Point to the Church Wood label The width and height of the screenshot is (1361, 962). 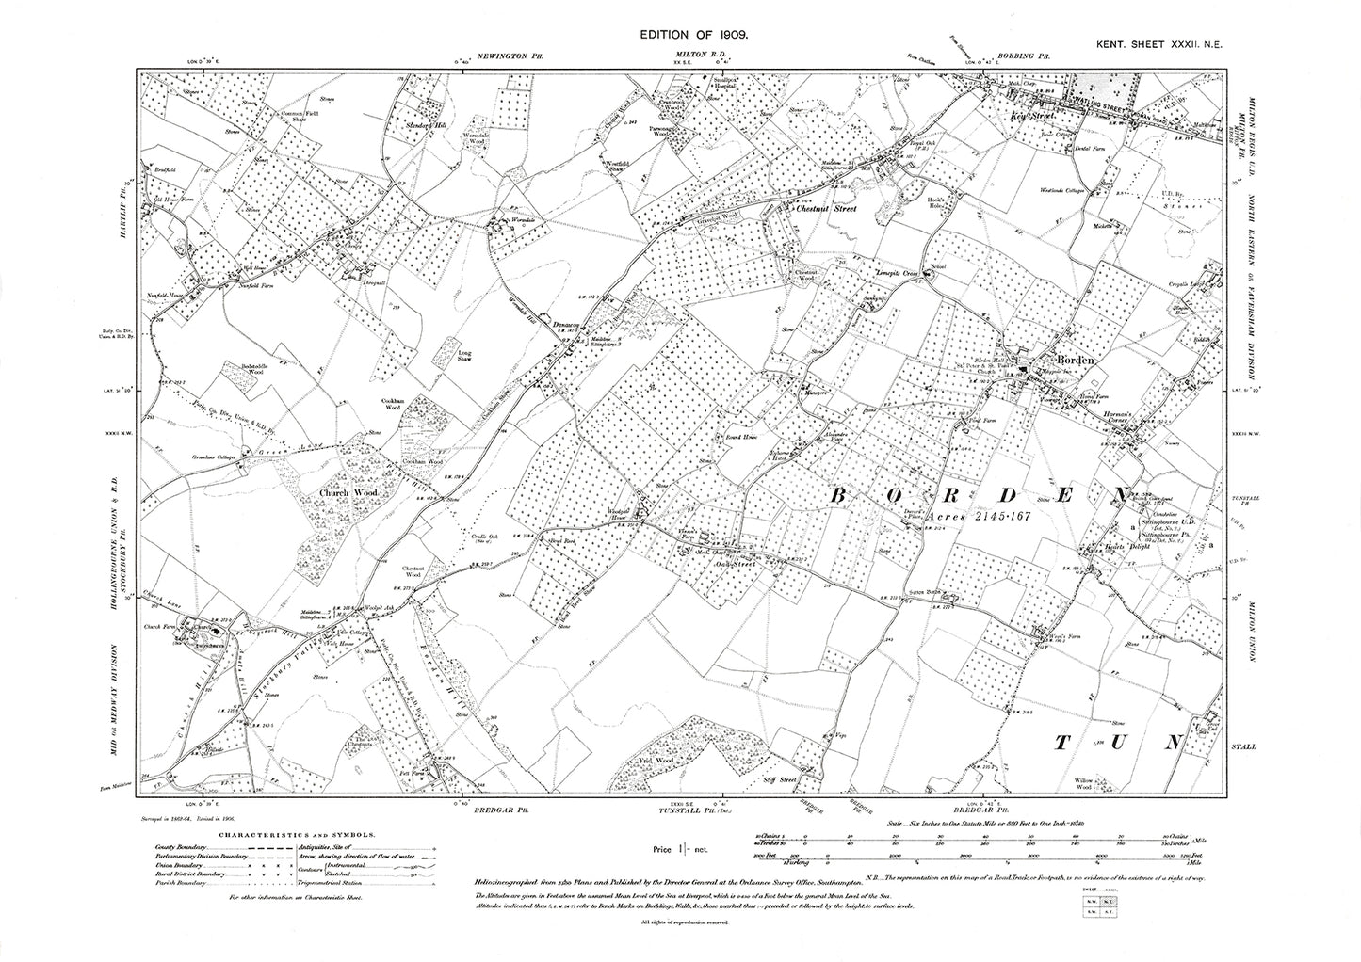(335, 491)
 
